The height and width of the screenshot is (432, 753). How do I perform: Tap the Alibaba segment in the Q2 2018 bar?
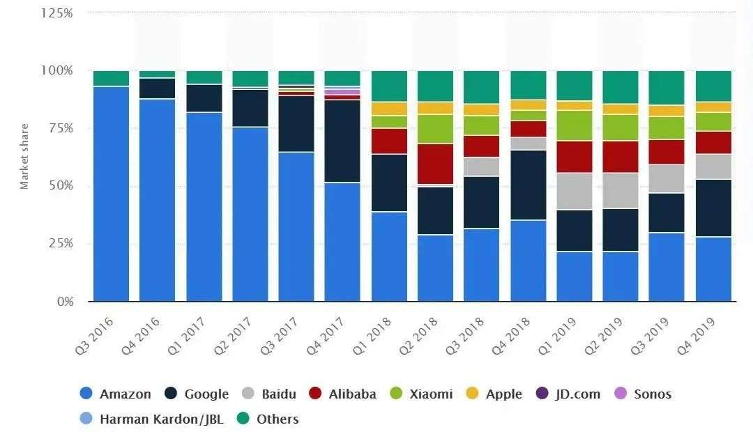pos(434,164)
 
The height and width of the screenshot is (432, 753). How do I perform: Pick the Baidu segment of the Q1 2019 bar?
pos(574,191)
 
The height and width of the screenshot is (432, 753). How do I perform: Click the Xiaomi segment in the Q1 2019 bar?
pos(574,125)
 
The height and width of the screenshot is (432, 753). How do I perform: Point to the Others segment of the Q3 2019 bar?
pos(666,88)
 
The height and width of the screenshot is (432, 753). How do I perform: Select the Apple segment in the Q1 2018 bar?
pos(388,109)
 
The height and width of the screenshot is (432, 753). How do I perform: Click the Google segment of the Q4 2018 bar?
pos(528,185)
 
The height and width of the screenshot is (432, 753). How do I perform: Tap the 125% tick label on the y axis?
pos(57,13)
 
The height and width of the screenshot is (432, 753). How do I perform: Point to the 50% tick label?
pos(60,186)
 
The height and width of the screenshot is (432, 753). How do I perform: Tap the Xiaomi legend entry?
pos(430,394)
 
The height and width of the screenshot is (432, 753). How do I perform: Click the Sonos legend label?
pos(652,394)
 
